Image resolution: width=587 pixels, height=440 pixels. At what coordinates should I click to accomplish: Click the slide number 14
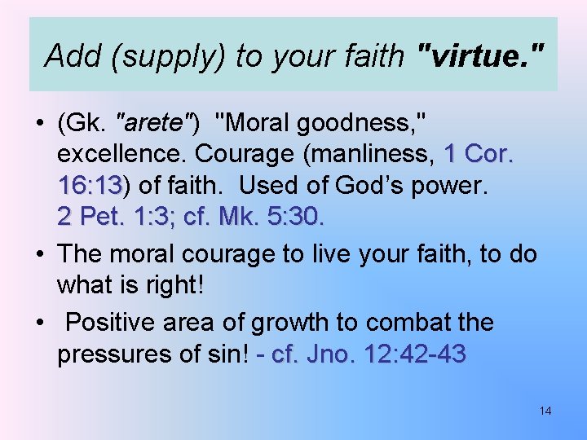click(x=545, y=411)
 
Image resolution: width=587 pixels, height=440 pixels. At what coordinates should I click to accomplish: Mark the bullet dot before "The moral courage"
click(x=38, y=255)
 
